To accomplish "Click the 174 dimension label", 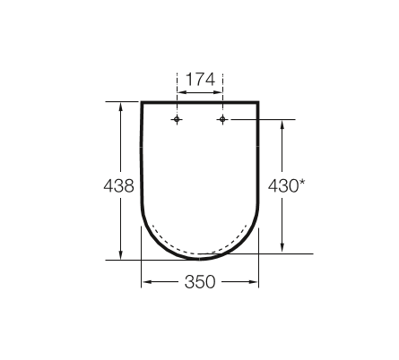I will coord(200,80).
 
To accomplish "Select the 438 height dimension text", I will coord(119,186).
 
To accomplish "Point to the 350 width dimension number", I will coord(200,282).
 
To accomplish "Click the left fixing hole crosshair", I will coord(178,120).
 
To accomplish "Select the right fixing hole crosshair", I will coord(222,120).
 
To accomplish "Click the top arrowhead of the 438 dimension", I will coord(119,107).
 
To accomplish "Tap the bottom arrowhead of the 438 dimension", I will coord(119,256).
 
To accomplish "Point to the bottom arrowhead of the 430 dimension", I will coord(282,249).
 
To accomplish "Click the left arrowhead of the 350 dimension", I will coord(145,282).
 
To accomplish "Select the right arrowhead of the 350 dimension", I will coord(256,282).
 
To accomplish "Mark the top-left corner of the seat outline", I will coord(143,103).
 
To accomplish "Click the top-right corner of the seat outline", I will coord(258,103).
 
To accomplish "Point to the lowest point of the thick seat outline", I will coord(200,259).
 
